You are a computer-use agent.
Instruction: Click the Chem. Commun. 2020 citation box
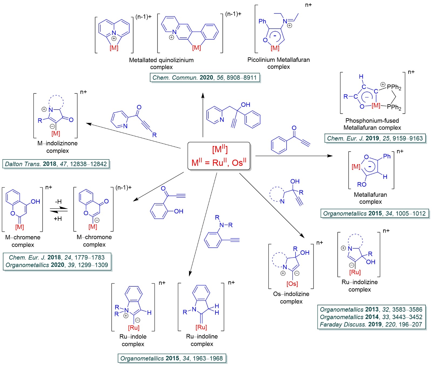[204, 78]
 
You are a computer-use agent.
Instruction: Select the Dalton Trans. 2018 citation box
[56, 164]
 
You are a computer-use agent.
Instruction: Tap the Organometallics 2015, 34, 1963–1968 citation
[172, 358]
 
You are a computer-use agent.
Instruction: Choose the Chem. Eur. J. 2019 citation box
[375, 138]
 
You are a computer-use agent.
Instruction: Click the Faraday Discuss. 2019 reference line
[371, 324]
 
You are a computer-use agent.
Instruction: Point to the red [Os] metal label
[292, 284]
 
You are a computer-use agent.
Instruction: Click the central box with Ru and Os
[219, 156]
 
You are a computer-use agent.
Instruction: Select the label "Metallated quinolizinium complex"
[161, 63]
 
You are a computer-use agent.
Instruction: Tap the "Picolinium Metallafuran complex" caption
[278, 63]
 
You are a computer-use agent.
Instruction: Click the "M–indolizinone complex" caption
[58, 147]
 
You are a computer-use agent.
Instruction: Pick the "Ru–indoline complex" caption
[202, 340]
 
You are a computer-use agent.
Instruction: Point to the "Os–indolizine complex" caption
[291, 297]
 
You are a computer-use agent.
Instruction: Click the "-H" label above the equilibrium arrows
[58, 202]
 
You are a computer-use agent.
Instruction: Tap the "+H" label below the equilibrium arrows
[58, 219]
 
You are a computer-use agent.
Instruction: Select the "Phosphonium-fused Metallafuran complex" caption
[372, 124]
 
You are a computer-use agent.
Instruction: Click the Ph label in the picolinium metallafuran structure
[262, 21]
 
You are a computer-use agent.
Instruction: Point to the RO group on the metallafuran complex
[362, 184]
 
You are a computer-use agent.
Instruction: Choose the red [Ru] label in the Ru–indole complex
[134, 328]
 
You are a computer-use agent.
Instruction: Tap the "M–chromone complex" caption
[94, 241]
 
